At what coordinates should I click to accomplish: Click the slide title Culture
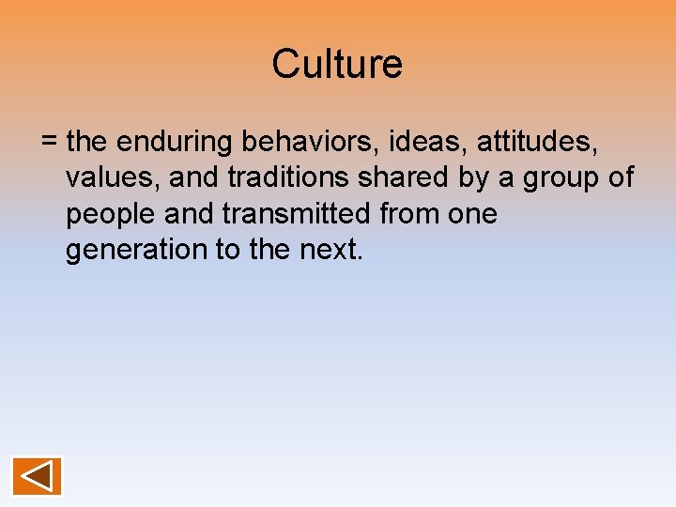coord(337,65)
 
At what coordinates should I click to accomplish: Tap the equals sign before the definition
coord(50,143)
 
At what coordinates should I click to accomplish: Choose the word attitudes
coord(537,142)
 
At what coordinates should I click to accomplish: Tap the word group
coord(561,178)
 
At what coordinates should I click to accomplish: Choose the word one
coord(474,215)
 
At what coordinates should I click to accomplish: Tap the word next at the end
coord(330,251)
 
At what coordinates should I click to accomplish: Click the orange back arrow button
coord(37,476)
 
